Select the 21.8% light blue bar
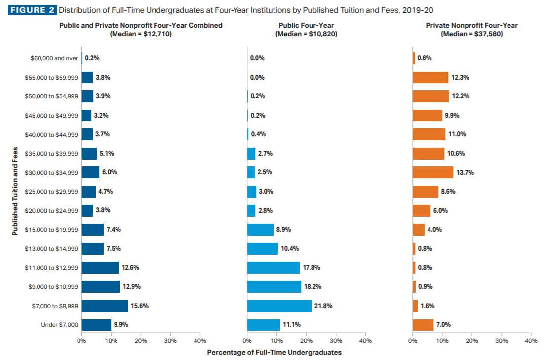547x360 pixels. (x=279, y=306)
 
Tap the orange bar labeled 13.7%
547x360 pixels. (x=433, y=172)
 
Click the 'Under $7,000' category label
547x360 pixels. (x=60, y=325)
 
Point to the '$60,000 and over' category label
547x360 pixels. (x=54, y=58)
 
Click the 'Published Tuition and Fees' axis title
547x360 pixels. (x=16, y=191)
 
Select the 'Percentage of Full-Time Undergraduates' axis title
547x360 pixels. (x=274, y=352)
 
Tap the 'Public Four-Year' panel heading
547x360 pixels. (x=306, y=25)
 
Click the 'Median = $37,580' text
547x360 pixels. (x=472, y=34)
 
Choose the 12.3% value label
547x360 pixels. (x=460, y=78)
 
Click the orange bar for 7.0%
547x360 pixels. (x=423, y=325)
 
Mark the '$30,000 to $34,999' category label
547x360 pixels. (x=51, y=172)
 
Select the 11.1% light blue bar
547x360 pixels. (x=264, y=325)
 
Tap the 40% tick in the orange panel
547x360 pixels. (x=531, y=341)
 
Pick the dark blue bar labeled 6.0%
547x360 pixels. (x=90, y=172)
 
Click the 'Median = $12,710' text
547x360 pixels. (x=141, y=34)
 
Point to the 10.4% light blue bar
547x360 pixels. (x=263, y=249)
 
